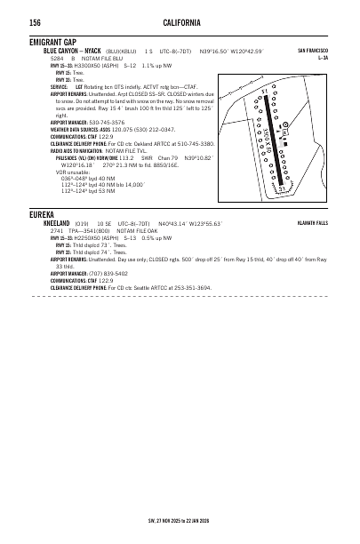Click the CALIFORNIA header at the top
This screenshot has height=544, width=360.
181,21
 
